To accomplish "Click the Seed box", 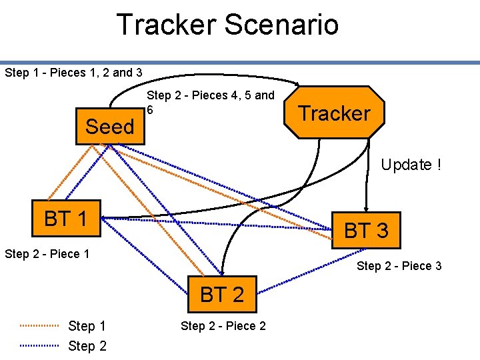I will pyautogui.click(x=110, y=126).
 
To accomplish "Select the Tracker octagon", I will pyautogui.click(x=334, y=113).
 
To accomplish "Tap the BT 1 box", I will pyautogui.click(x=65, y=218).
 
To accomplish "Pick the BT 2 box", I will pyautogui.click(x=222, y=294).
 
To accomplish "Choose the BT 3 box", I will pyautogui.click(x=365, y=231).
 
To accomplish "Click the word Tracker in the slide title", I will pyautogui.click(x=167, y=25).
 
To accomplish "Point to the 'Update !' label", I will pyautogui.click(x=411, y=165).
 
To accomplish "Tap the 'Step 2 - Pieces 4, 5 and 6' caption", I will pyautogui.click(x=210, y=101).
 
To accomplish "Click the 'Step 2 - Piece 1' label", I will pyautogui.click(x=47, y=254).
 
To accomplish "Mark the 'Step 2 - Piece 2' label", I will pyautogui.click(x=223, y=326).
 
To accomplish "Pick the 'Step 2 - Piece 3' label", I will pyautogui.click(x=399, y=266).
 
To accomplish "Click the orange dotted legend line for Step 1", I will pyautogui.click(x=40, y=326).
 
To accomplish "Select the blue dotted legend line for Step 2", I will pyautogui.click(x=40, y=346).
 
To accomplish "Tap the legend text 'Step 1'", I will pyautogui.click(x=87, y=326).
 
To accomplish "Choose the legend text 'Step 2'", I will pyautogui.click(x=87, y=346).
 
